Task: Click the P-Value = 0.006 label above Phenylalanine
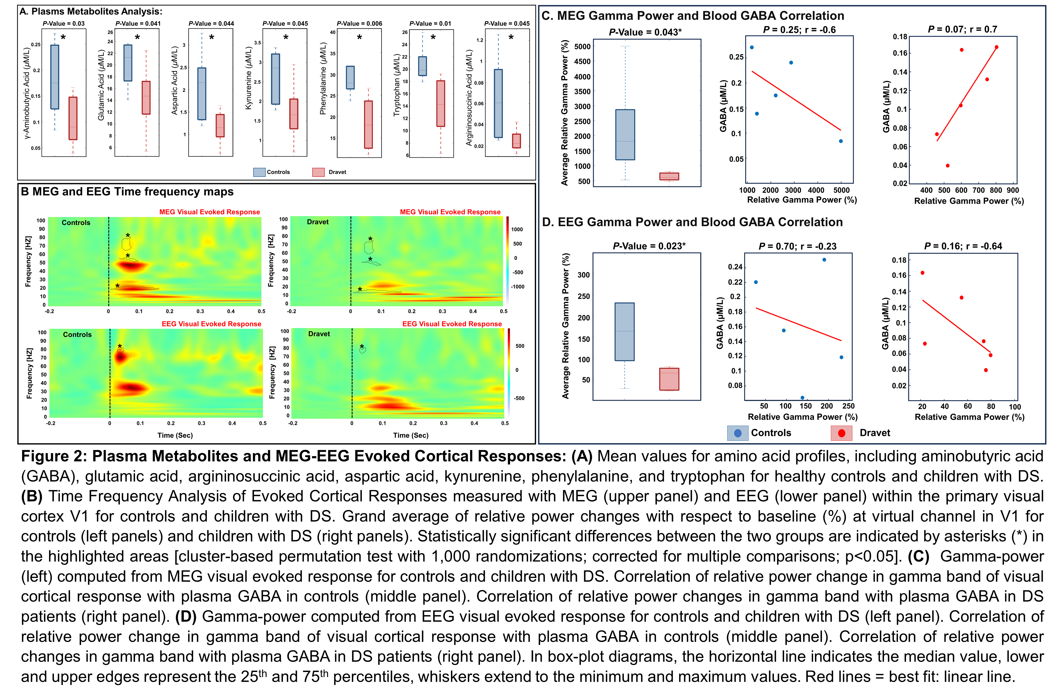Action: pyautogui.click(x=359, y=24)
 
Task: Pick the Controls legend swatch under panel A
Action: pyautogui.click(x=259, y=172)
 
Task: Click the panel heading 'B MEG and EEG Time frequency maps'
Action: pyautogui.click(x=127, y=192)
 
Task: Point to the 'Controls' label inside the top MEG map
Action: pyautogui.click(x=76, y=223)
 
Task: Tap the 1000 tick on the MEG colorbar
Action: pyautogui.click(x=517, y=229)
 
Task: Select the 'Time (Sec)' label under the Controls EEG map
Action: pyautogui.click(x=175, y=435)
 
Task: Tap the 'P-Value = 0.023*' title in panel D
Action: pyautogui.click(x=649, y=246)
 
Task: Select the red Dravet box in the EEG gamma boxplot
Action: pyautogui.click(x=669, y=379)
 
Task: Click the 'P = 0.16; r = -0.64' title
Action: pyautogui.click(x=963, y=246)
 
